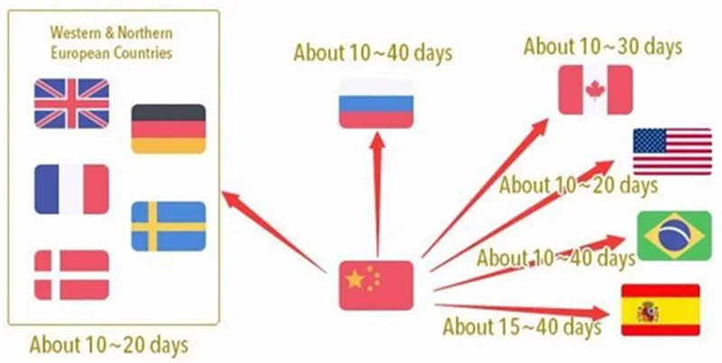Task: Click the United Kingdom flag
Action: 71,103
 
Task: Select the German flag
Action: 168,128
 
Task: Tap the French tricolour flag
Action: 71,189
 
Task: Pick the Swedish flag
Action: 168,226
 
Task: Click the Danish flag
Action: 71,275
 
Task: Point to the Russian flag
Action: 375,102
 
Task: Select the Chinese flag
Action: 375,285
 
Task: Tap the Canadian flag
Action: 595,89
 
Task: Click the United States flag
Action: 671,151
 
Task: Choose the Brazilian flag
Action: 671,236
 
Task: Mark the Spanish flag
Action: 661,310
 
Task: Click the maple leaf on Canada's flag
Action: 595,89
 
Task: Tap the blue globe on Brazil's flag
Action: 671,237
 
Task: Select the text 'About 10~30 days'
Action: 603,45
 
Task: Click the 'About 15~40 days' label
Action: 522,325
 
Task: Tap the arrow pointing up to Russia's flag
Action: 377,190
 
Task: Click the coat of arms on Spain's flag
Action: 647,312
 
